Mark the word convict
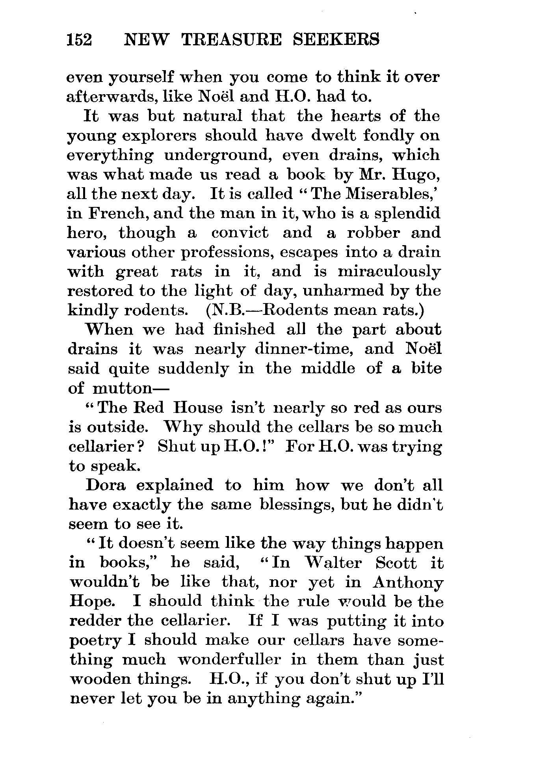click(240, 233)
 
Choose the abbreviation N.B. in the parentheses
click(224, 310)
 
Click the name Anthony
click(408, 582)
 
